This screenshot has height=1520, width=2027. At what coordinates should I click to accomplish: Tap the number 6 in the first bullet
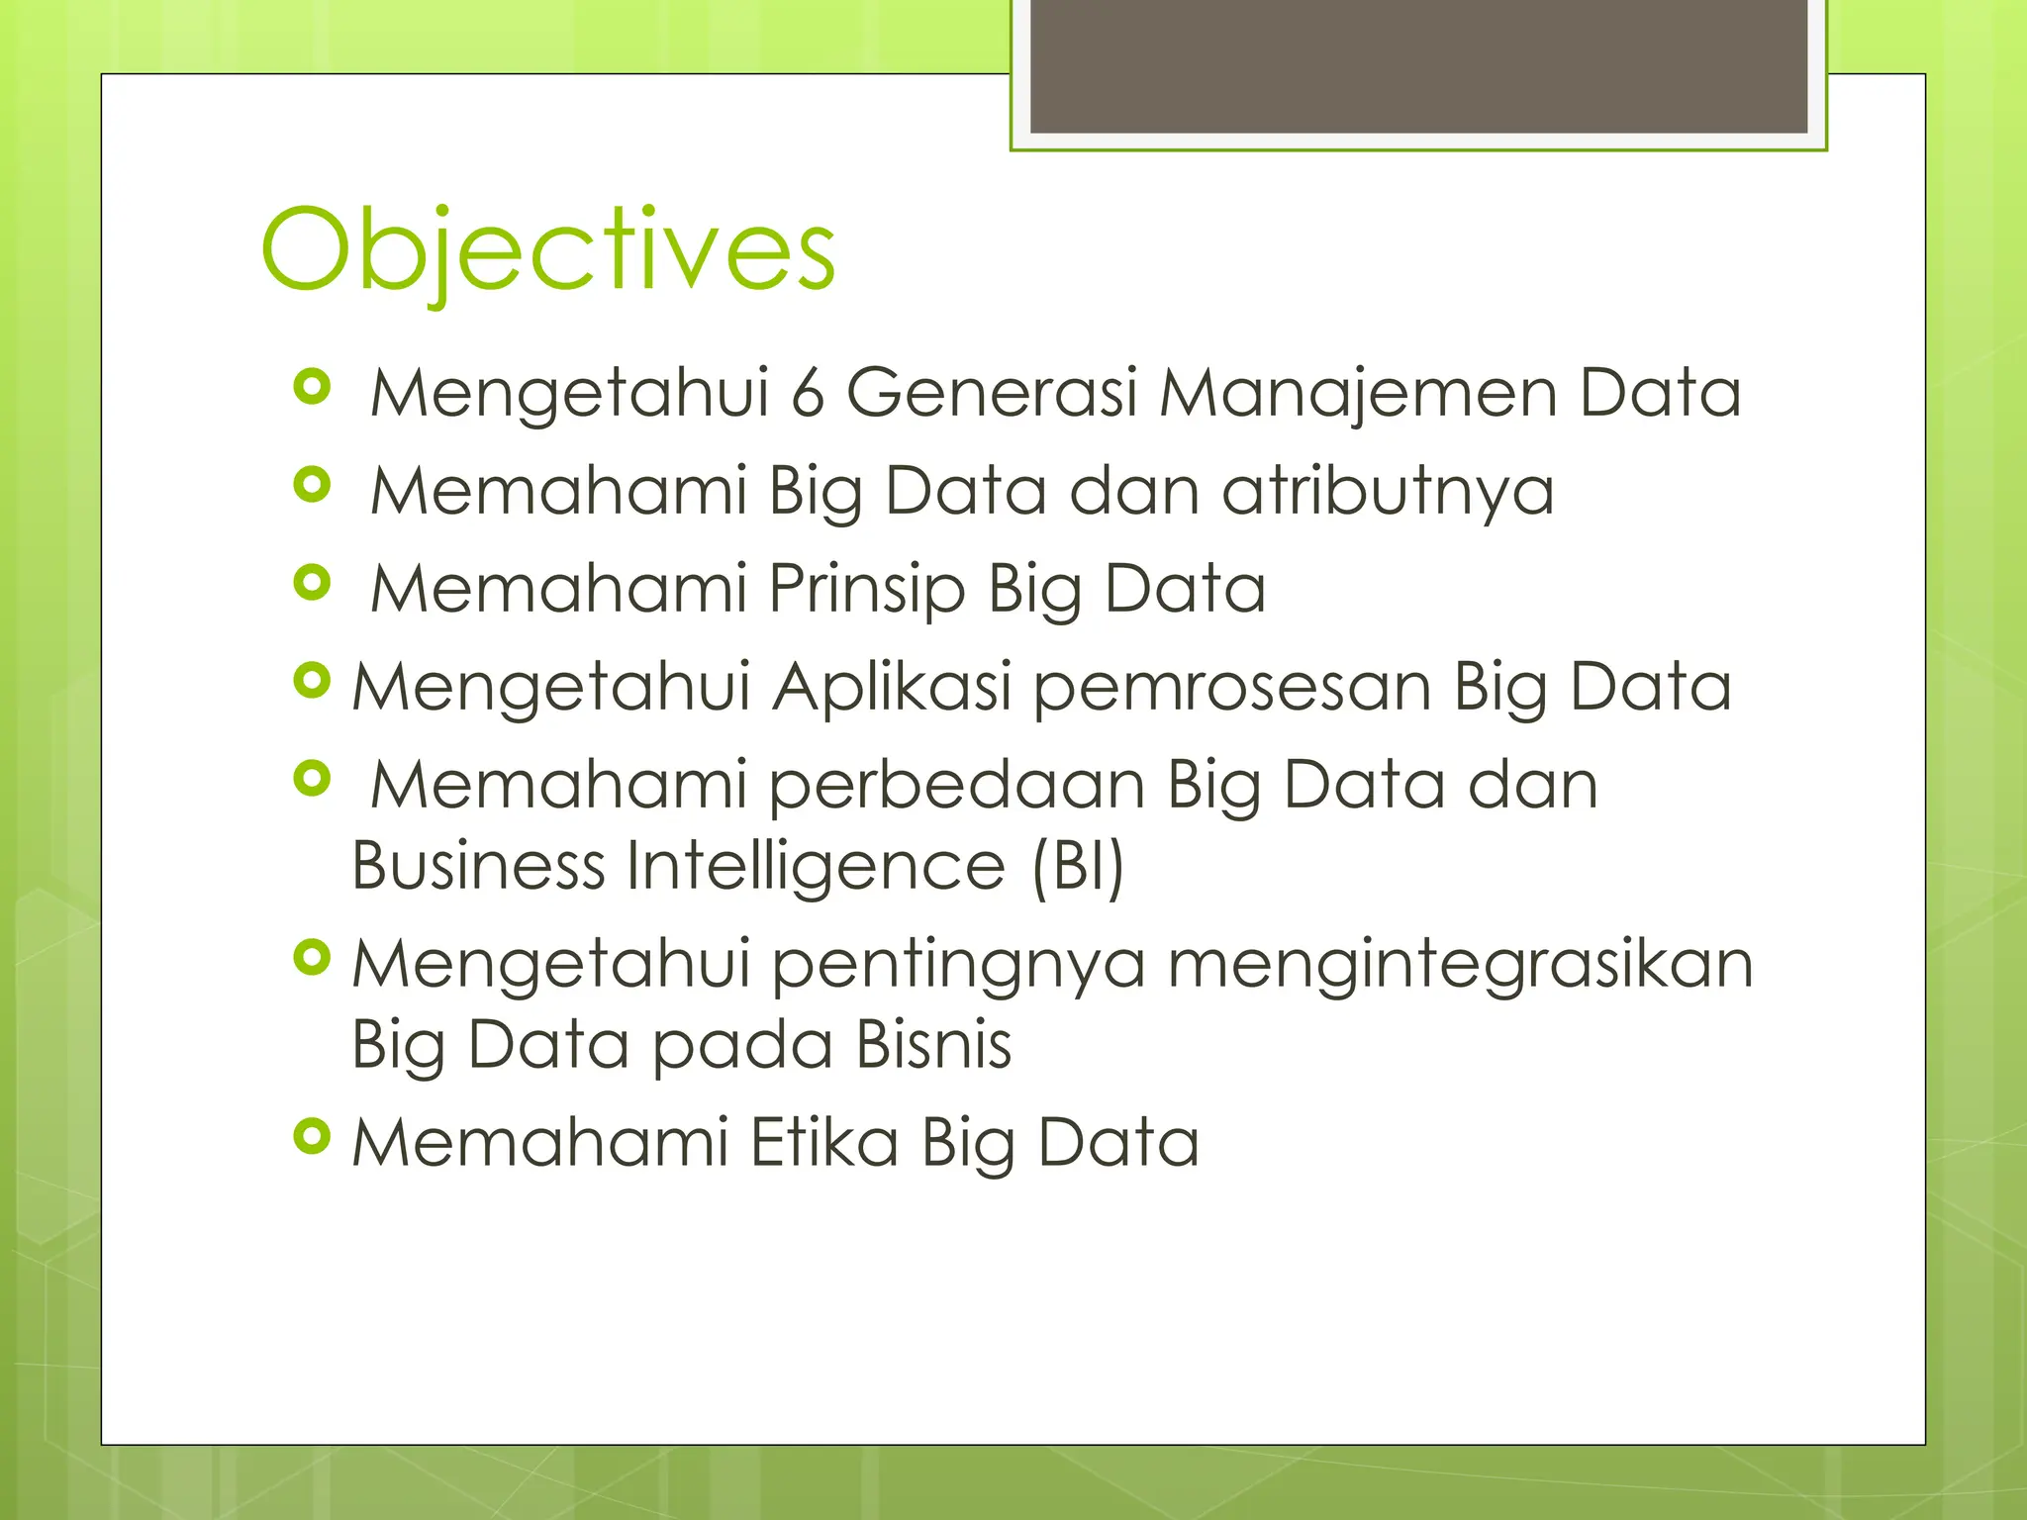click(x=808, y=393)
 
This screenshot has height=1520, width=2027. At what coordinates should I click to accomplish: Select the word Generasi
click(x=992, y=393)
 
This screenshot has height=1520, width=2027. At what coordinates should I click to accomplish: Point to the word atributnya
click(x=1388, y=492)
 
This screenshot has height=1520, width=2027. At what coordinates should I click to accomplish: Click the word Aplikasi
click(x=892, y=689)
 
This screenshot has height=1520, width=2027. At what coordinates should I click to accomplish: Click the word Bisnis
click(x=933, y=1045)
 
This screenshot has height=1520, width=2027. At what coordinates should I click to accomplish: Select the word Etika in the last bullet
click(x=824, y=1143)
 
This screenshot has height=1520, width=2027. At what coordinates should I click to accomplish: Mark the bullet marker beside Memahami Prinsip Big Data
click(x=312, y=583)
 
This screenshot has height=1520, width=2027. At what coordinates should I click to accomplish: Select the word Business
click(x=478, y=866)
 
